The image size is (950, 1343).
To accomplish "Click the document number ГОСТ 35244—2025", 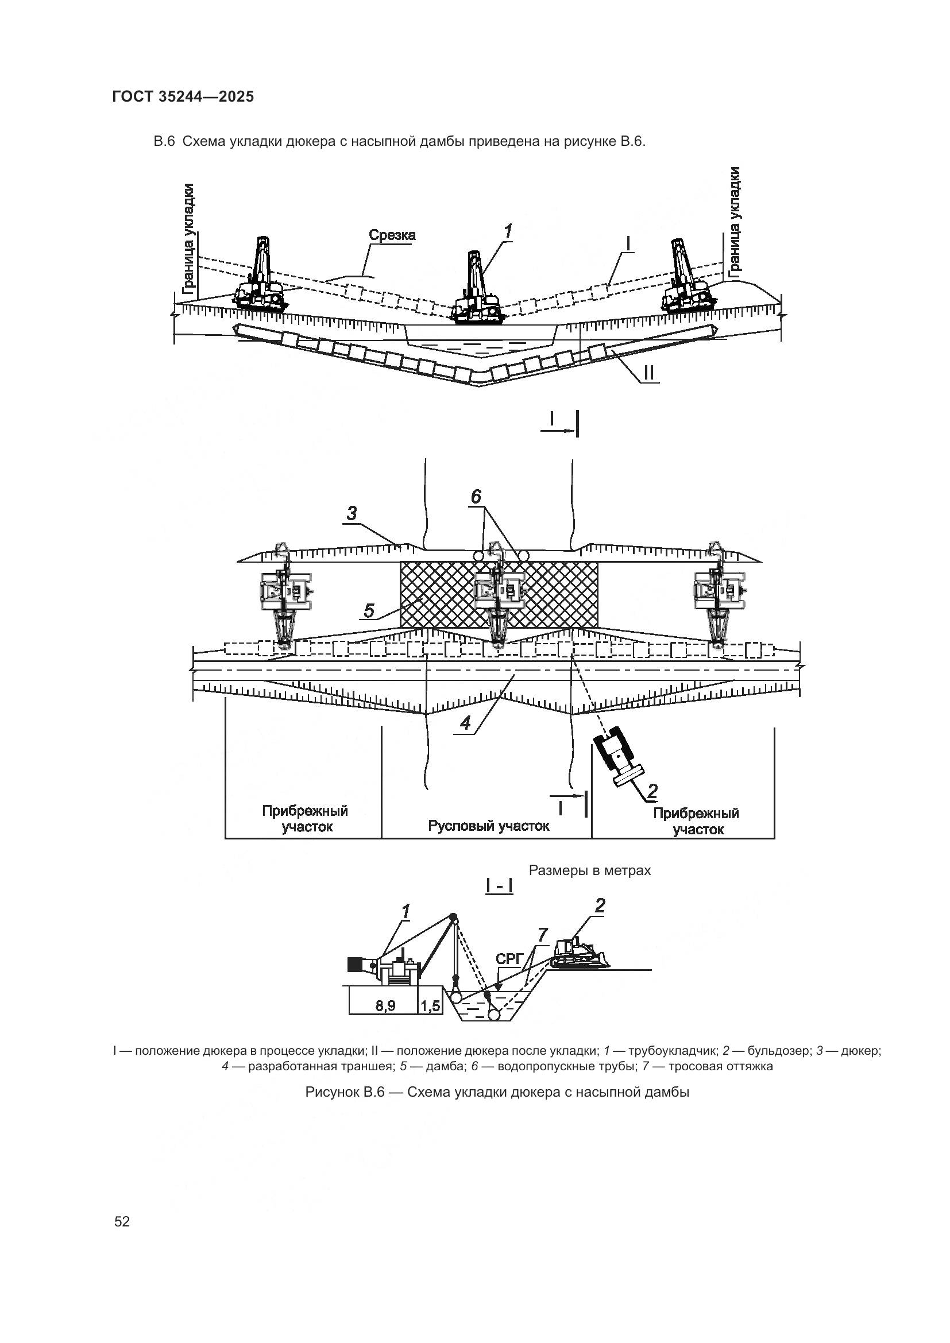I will click(183, 97).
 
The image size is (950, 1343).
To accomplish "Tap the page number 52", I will click(122, 1221).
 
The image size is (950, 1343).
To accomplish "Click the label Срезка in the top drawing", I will click(392, 235).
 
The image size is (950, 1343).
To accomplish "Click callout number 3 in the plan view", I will click(351, 514).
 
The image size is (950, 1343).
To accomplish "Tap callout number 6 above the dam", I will click(476, 497).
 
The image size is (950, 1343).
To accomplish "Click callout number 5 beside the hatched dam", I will click(369, 611).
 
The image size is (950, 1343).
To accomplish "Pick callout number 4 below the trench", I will click(465, 723).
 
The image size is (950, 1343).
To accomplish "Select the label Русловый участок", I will click(488, 826).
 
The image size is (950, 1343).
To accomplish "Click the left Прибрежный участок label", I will click(305, 819).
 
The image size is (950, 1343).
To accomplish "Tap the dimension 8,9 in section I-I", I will click(385, 1006).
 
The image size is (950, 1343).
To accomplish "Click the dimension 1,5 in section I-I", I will click(431, 1006).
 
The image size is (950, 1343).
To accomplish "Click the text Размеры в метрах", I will click(590, 870).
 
